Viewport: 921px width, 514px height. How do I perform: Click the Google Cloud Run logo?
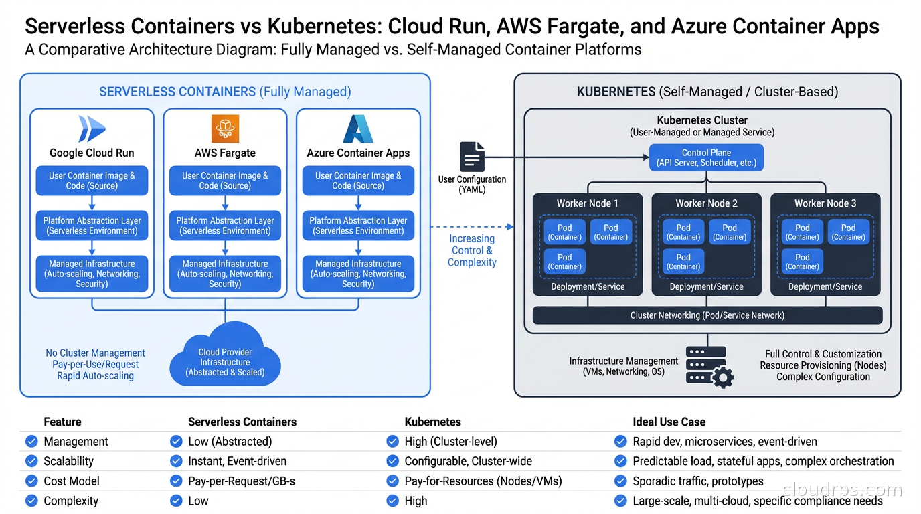click(92, 128)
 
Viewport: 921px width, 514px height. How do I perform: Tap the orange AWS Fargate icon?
click(225, 128)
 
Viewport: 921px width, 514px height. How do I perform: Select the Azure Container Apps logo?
click(358, 128)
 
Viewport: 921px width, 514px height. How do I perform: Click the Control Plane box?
click(706, 157)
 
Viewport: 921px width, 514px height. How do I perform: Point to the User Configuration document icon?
click(472, 157)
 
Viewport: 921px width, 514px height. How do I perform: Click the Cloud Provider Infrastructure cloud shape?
click(225, 358)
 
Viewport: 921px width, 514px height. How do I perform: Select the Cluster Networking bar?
click(707, 315)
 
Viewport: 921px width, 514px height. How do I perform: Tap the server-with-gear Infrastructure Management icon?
click(708, 366)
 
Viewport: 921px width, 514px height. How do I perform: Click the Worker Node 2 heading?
click(706, 203)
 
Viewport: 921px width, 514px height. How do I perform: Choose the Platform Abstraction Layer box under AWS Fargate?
click(225, 226)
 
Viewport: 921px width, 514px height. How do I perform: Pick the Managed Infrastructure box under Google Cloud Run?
click(92, 274)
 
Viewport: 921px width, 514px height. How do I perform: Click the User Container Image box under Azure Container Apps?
click(358, 181)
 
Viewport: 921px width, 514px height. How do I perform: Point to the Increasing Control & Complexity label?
click(472, 250)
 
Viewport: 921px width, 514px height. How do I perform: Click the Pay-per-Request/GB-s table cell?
click(242, 481)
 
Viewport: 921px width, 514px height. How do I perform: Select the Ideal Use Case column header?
click(669, 422)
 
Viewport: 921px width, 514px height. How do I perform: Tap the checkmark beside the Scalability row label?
click(31, 461)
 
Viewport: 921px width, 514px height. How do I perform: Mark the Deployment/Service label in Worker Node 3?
click(825, 286)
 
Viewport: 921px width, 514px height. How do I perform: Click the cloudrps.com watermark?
click(841, 490)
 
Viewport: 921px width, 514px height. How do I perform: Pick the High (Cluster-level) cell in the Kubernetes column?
click(450, 442)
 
